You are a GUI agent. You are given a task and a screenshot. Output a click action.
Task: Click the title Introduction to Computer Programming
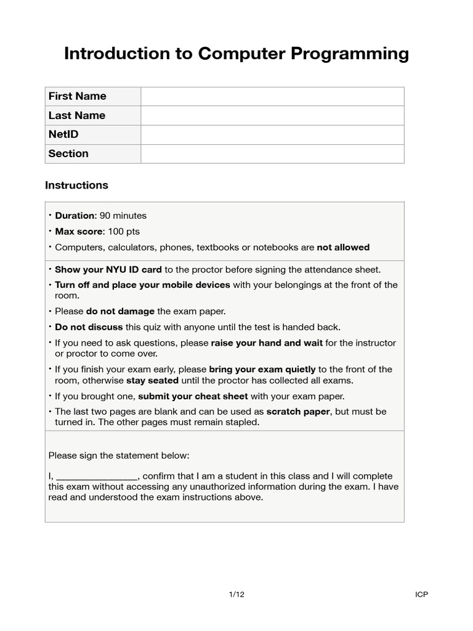[x=236, y=54]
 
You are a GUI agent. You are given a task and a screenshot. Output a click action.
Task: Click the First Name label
[x=77, y=96]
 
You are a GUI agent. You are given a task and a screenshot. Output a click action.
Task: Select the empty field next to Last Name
[x=272, y=115]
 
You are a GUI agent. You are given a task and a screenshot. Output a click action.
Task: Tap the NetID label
[x=63, y=134]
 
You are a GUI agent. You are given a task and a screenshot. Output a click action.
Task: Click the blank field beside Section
[x=272, y=153]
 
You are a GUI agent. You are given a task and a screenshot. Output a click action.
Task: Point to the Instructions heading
[x=76, y=185]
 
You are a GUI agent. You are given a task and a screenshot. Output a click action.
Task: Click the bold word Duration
[x=75, y=216]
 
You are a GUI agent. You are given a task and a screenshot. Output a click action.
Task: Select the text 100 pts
[x=124, y=232]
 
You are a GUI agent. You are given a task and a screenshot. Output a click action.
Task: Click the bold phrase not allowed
[x=343, y=248]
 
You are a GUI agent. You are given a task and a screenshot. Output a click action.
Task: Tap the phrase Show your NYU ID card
[x=108, y=270]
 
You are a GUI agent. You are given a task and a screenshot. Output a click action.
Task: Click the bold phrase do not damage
[x=121, y=311]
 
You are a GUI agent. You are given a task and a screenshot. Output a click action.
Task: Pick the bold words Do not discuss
[x=89, y=327]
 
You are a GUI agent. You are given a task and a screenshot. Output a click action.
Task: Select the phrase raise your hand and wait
[x=267, y=343]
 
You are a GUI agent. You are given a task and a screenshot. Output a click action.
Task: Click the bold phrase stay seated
[x=152, y=380]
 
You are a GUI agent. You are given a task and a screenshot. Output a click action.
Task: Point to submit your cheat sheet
[x=193, y=396]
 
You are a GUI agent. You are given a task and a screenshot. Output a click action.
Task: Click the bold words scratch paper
[x=299, y=412]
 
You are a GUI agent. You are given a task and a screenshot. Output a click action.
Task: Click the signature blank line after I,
[x=97, y=476]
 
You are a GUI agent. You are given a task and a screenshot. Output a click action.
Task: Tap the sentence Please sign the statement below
[x=119, y=455]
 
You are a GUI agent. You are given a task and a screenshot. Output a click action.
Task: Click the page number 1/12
[x=236, y=595]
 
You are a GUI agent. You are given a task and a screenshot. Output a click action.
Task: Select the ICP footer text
[x=421, y=595]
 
